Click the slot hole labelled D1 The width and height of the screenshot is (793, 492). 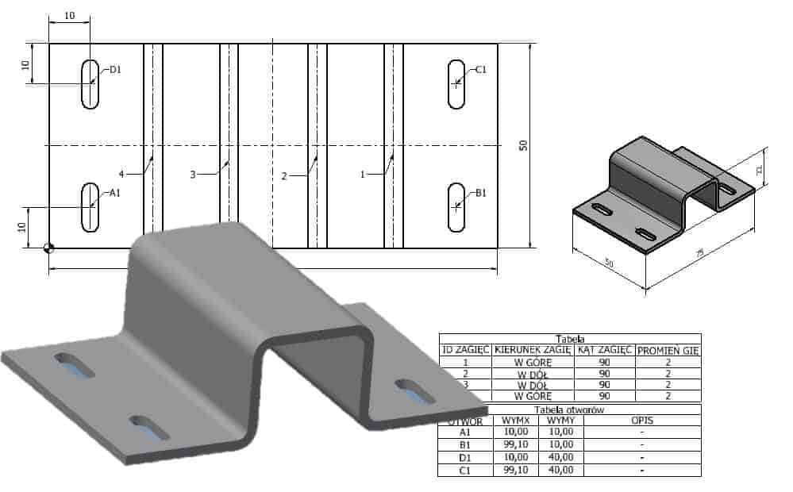coord(90,83)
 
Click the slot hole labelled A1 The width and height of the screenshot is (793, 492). coord(90,206)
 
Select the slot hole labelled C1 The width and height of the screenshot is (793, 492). coord(456,83)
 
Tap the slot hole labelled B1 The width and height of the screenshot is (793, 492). coord(456,206)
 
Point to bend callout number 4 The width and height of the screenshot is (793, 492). coord(121,174)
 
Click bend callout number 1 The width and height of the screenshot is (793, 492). coord(363,174)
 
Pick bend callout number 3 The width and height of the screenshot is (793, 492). coord(193,174)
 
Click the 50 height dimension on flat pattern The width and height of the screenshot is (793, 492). coord(523,146)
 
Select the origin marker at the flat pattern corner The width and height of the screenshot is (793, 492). coord(49,248)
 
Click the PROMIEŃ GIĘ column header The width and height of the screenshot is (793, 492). coord(668,349)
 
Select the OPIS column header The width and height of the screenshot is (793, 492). coord(641,421)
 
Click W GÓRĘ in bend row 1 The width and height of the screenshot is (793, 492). coord(532,361)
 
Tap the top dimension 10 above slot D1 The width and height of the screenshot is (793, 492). coord(70,15)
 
